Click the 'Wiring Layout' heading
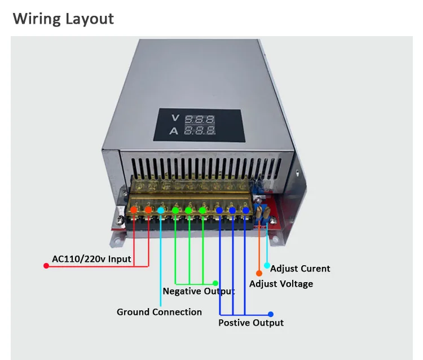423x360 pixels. (x=63, y=19)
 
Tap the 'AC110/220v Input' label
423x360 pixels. (x=91, y=259)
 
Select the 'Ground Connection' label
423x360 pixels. (x=159, y=312)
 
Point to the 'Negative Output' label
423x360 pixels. (x=199, y=291)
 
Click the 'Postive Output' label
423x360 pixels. (x=251, y=323)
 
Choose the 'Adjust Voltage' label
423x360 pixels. (x=281, y=284)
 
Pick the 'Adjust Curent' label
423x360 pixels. (x=300, y=269)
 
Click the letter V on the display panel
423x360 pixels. (x=175, y=118)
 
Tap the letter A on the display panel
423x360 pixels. (x=174, y=131)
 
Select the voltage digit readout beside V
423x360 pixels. (x=200, y=119)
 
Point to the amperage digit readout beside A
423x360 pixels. (x=200, y=130)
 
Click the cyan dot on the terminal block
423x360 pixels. (x=161, y=210)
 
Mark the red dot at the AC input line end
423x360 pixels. (x=46, y=266)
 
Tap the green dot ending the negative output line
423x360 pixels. (x=215, y=283)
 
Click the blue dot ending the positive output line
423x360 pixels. (x=271, y=314)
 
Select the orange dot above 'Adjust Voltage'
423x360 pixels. (x=259, y=273)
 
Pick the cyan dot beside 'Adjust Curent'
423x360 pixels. (x=267, y=266)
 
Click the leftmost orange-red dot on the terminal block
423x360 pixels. (x=134, y=210)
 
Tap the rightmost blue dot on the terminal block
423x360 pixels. (x=246, y=210)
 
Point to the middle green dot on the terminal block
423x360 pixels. (x=188, y=210)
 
